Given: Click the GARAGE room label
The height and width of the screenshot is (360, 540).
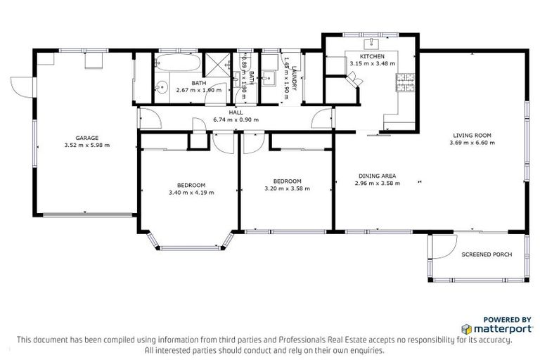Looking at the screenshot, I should [87, 138].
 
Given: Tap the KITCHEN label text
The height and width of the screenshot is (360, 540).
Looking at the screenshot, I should [372, 56].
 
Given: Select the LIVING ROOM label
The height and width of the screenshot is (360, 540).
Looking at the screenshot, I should [472, 135].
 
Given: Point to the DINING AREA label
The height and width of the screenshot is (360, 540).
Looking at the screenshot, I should [379, 176].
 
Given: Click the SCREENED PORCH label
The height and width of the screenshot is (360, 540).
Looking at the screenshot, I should [487, 254].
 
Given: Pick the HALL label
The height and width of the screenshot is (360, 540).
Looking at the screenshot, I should [236, 112].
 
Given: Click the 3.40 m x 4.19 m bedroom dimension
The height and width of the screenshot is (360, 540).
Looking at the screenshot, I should [191, 192].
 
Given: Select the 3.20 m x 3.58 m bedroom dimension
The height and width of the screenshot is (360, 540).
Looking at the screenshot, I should [287, 188].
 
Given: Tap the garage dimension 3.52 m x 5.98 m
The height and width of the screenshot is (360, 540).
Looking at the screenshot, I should [87, 146].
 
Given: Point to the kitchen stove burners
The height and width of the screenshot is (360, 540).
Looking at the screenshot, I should [406, 88].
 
